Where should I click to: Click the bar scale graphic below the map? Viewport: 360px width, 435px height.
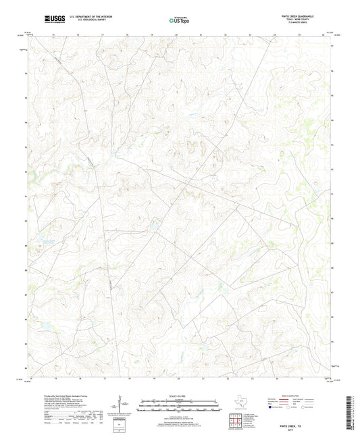pos(180,407)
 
